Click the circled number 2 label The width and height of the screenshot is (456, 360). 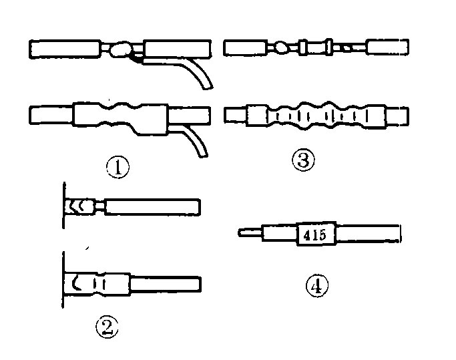pyautogui.click(x=107, y=327)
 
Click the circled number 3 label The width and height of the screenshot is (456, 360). pyautogui.click(x=303, y=160)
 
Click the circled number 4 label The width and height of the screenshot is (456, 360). pyautogui.click(x=317, y=287)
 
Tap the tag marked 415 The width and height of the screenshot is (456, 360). pyautogui.click(x=314, y=234)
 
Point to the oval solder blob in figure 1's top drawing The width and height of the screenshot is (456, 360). pyautogui.click(x=120, y=49)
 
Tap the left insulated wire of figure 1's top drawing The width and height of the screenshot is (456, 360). pyautogui.click(x=63, y=49)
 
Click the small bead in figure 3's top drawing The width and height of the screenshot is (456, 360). pyautogui.click(x=282, y=47)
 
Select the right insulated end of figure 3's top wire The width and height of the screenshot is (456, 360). pyautogui.click(x=388, y=47)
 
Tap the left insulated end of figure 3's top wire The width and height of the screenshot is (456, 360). pyautogui.click(x=245, y=47)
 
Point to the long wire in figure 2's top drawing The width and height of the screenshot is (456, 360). pyautogui.click(x=152, y=207)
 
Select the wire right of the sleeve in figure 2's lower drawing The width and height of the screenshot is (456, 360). pyautogui.click(x=165, y=285)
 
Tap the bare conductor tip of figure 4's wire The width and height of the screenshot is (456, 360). pyautogui.click(x=249, y=233)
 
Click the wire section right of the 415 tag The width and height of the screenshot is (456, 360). pyautogui.click(x=368, y=234)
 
